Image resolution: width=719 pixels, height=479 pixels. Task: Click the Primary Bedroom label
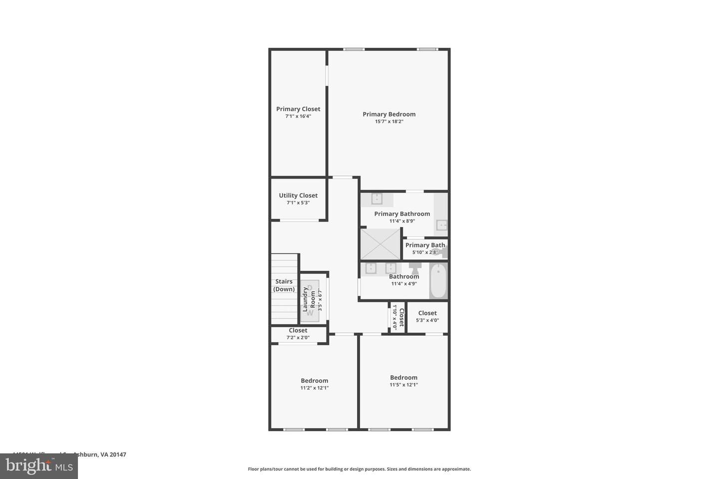389,114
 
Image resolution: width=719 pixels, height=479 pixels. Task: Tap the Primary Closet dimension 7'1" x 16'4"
298,116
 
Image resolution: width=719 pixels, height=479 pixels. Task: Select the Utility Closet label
298,196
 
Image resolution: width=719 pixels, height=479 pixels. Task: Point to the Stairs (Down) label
284,285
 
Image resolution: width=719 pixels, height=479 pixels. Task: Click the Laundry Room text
309,299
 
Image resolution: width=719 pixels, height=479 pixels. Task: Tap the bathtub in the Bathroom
438,281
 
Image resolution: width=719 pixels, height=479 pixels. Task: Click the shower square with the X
380,244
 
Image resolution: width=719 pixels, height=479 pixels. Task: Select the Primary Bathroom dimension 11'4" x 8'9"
402,221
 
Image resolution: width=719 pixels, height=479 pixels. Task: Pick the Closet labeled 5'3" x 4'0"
427,316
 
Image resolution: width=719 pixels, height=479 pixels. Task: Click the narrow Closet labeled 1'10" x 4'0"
397,317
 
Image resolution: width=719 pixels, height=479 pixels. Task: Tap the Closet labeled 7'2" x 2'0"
298,334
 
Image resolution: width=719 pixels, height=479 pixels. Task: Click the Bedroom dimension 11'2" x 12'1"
315,388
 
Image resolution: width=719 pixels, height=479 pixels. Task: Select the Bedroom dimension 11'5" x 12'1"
403,385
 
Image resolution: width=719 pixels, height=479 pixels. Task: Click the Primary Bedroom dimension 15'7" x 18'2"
389,121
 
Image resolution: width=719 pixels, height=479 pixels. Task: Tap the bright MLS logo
38,466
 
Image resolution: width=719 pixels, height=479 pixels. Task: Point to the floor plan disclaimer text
359,469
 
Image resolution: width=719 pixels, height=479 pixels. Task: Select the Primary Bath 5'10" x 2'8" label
425,248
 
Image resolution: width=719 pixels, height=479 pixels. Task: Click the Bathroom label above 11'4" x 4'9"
404,276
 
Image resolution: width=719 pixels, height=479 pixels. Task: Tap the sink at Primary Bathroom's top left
376,199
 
